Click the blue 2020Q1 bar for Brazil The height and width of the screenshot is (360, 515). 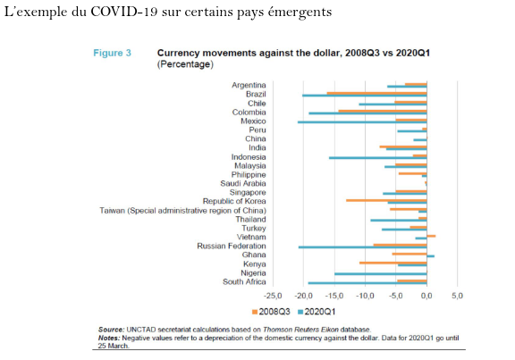365,96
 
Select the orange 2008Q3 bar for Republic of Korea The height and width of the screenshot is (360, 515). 386,200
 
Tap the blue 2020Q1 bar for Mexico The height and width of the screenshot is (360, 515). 362,122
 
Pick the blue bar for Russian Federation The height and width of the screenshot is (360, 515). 363,247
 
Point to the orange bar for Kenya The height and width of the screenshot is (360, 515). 393,263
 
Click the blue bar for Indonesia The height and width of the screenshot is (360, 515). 378,158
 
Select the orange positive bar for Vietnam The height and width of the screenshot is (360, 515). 431,236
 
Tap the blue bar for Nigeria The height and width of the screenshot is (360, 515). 381,273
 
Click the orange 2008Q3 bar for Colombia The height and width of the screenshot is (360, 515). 383,111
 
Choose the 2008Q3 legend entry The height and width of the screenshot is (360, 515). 271,312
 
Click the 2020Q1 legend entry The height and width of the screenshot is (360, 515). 317,312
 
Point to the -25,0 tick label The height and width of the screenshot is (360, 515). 273,296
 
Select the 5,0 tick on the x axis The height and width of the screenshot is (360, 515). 457,296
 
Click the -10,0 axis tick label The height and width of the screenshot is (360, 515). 365,296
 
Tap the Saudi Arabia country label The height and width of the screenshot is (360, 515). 243,183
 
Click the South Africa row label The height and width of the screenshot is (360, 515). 244,282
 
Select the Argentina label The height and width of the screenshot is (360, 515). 249,86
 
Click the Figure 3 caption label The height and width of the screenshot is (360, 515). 113,54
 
